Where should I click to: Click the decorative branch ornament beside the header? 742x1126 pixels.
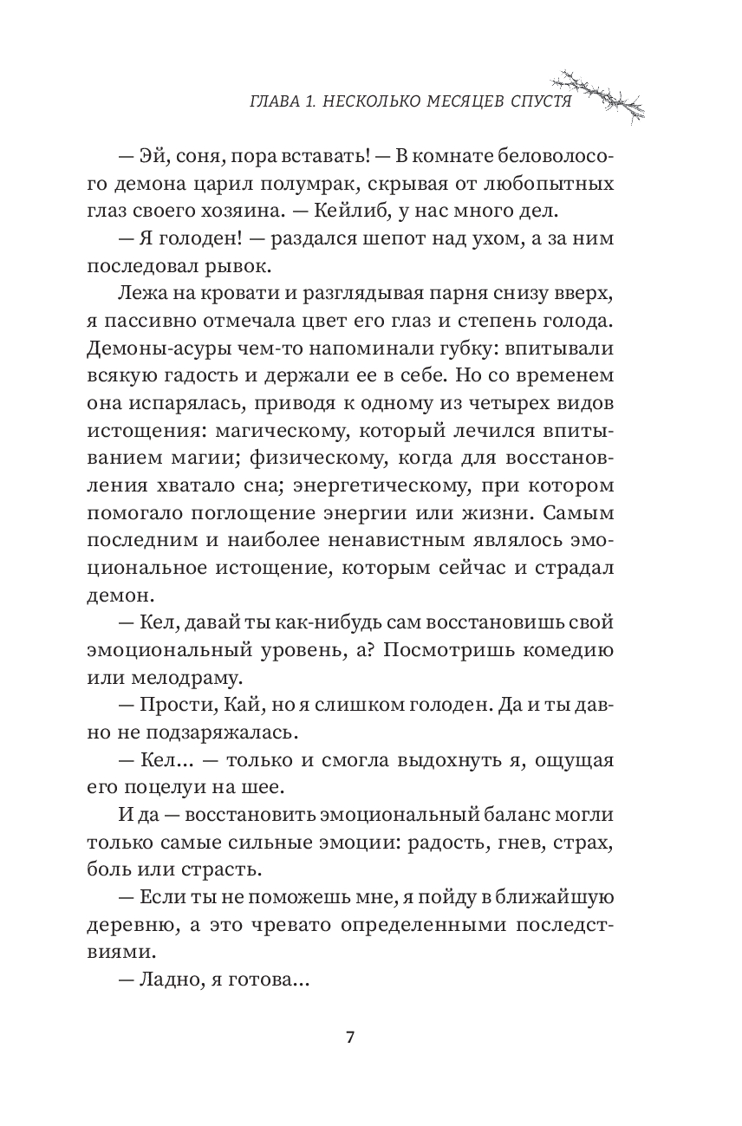click(x=604, y=90)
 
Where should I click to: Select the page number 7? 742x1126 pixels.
click(x=349, y=1038)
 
